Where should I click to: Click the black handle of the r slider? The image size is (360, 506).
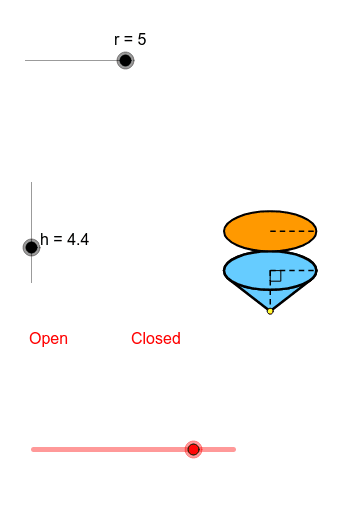pos(125,60)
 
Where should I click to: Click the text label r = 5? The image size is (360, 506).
pos(130,39)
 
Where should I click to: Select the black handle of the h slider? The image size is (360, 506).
pos(32,247)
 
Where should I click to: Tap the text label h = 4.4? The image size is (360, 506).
pos(65,239)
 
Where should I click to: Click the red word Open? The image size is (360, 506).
pos(48,338)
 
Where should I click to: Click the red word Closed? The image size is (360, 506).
pos(155,338)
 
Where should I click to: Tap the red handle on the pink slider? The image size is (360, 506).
pos(194,449)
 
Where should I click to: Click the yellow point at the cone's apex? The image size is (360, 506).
pos(270,311)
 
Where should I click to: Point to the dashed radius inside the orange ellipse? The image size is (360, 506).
pos(292,231)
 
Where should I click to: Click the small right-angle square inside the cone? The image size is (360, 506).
pos(275,276)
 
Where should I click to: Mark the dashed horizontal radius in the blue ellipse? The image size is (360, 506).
pos(295,270)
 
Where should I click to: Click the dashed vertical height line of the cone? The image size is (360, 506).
pos(270,295)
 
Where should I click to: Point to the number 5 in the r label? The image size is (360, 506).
pos(142,39)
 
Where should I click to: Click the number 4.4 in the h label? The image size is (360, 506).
pos(77,239)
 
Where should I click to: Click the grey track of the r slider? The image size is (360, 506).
pos(70,60)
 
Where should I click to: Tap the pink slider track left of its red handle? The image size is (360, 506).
pos(110,449)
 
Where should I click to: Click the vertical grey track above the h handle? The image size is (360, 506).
pos(32,210)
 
